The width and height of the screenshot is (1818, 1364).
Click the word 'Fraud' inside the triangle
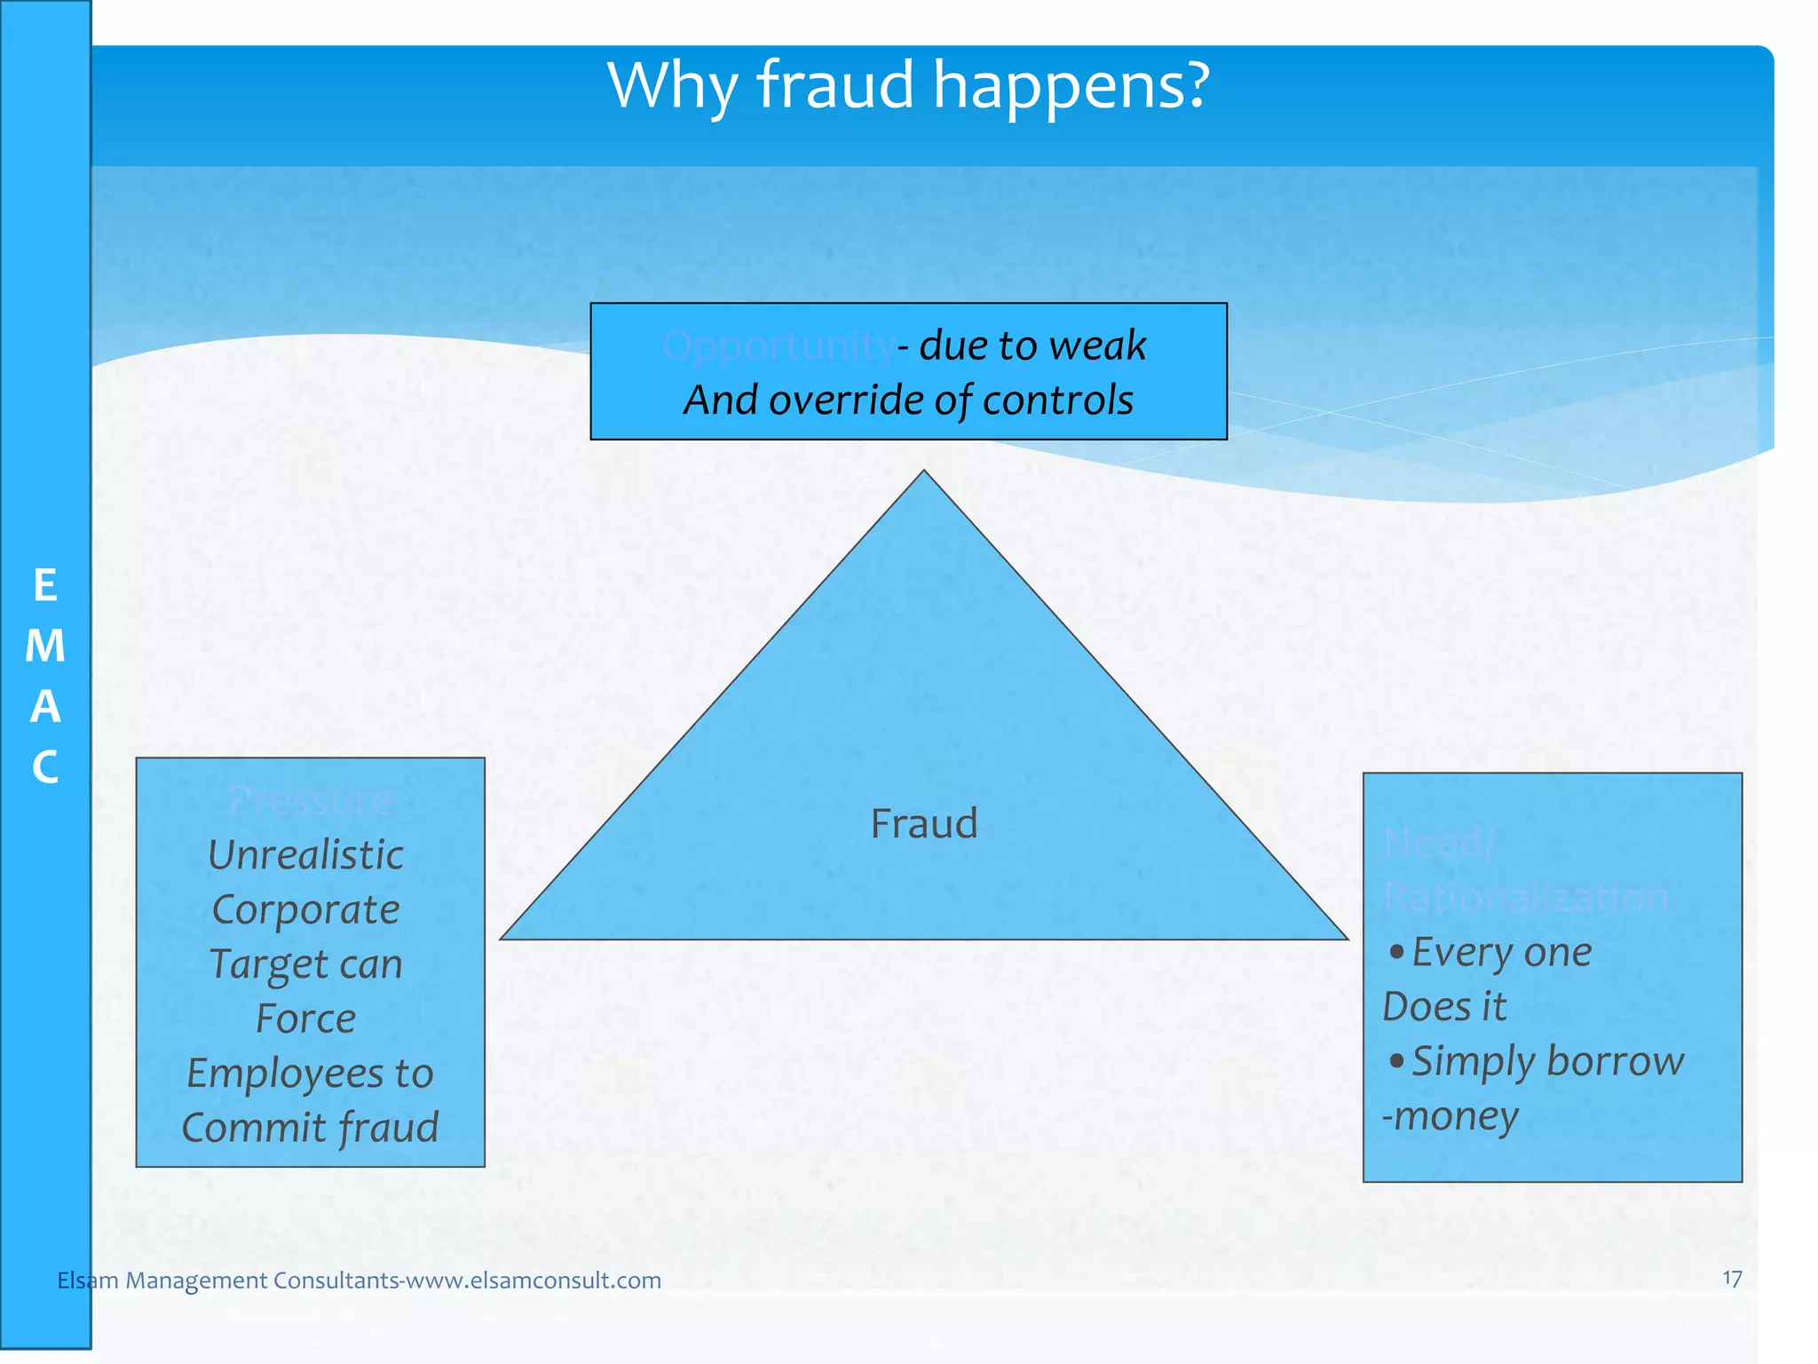(923, 823)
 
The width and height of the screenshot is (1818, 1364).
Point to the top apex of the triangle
(924, 472)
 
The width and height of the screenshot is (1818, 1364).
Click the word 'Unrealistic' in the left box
(306, 855)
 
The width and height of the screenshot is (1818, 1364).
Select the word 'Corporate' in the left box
(306, 910)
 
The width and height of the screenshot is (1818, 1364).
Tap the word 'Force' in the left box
(306, 1019)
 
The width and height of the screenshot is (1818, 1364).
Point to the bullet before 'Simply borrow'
(1396, 1061)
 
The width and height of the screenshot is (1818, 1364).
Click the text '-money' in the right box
(1450, 1116)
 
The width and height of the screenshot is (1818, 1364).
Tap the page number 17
(1731, 1279)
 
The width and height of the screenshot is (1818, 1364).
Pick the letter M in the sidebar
(45, 646)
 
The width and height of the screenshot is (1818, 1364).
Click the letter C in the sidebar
(45, 767)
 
